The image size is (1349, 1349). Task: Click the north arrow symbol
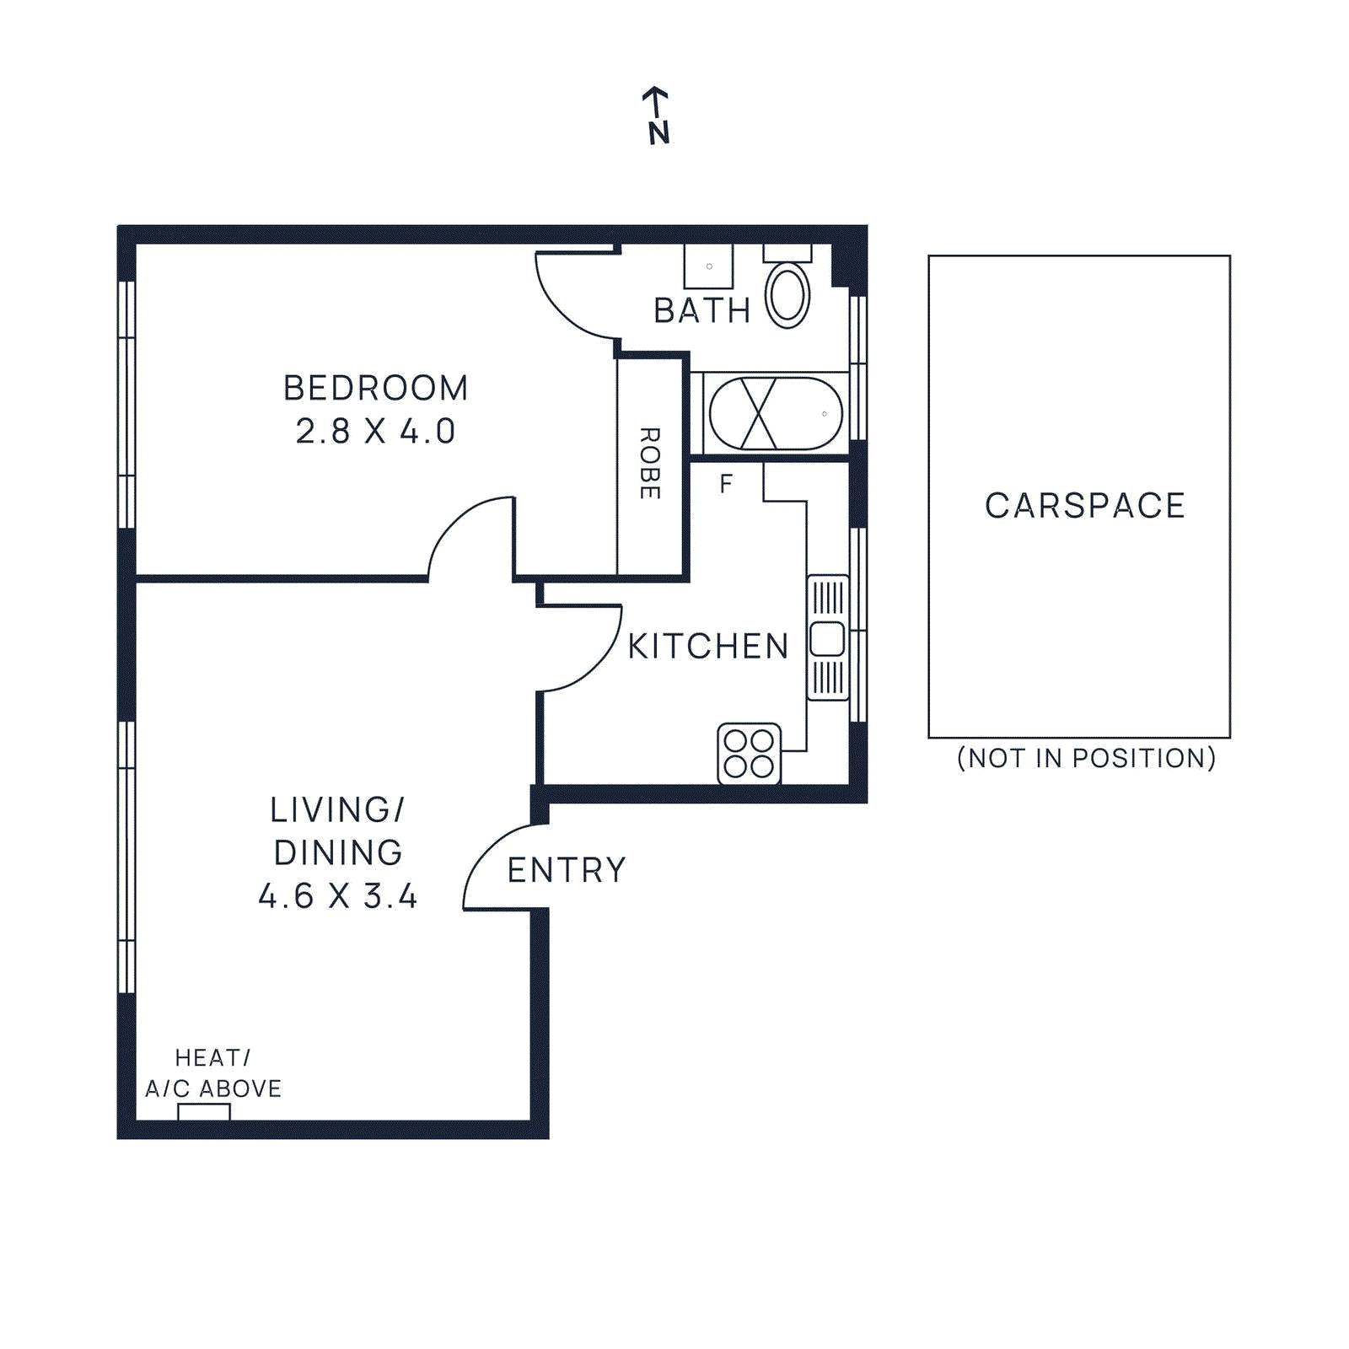pyautogui.click(x=657, y=116)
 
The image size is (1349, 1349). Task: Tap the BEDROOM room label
pyautogui.click(x=375, y=389)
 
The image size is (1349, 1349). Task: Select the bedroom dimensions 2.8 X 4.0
pyautogui.click(x=375, y=432)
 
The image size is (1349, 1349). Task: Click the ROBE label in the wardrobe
pyautogui.click(x=649, y=463)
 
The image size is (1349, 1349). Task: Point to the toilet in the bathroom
pyautogui.click(x=787, y=292)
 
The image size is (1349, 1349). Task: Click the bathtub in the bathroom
pyautogui.click(x=775, y=414)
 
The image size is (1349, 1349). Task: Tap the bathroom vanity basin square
pyautogui.click(x=708, y=266)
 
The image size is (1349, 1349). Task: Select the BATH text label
pyautogui.click(x=701, y=311)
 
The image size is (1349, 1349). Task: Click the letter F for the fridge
pyautogui.click(x=726, y=484)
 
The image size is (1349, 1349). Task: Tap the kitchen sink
pyautogui.click(x=827, y=638)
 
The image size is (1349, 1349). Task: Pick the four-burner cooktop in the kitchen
pyautogui.click(x=749, y=753)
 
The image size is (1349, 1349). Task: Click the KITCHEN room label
pyautogui.click(x=708, y=647)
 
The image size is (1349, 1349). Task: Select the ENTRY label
pyautogui.click(x=567, y=870)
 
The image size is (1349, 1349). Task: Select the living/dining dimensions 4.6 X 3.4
pyautogui.click(x=338, y=896)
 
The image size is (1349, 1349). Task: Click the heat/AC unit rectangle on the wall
pyautogui.click(x=204, y=1112)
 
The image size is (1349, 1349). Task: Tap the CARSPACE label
pyautogui.click(x=1085, y=506)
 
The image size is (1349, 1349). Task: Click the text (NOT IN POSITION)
pyautogui.click(x=1086, y=758)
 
